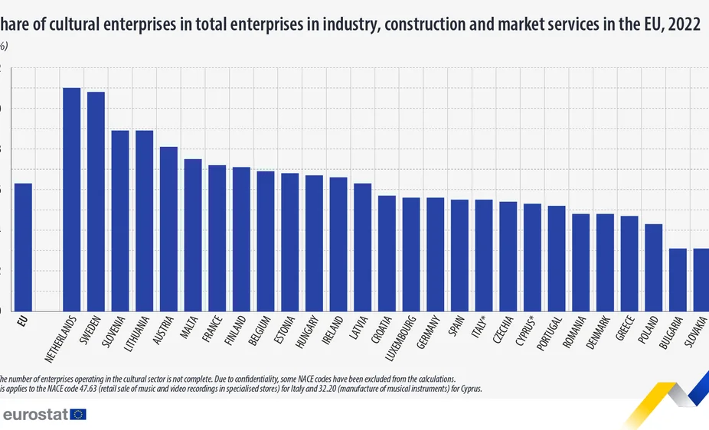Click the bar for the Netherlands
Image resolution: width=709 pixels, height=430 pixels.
point(71,200)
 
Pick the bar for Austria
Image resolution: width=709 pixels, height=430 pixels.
point(168,229)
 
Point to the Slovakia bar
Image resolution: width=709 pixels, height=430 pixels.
point(701,280)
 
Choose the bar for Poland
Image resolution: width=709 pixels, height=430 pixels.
point(653,268)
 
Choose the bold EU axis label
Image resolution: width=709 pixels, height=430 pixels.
point(23,321)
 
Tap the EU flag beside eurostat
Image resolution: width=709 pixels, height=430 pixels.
point(78,414)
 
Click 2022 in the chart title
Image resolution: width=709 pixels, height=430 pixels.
point(684,24)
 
